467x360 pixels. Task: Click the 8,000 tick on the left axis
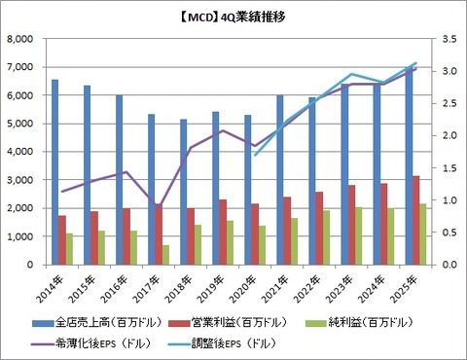[x=19, y=40]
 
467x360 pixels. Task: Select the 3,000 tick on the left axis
[x=19, y=181]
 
